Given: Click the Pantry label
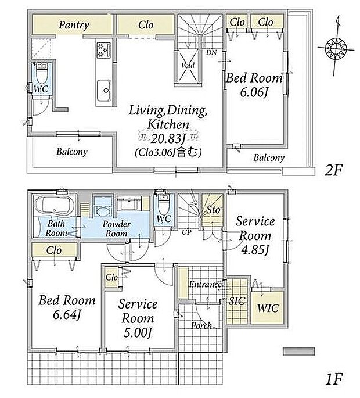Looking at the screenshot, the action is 74,25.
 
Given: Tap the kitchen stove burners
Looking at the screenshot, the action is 103,49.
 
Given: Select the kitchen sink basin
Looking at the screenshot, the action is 104,91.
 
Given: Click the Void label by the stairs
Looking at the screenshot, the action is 188,65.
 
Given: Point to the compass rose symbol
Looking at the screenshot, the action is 336,48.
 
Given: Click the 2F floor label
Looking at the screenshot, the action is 333,170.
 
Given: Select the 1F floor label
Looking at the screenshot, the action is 333,379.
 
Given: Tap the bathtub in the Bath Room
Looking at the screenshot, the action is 54,206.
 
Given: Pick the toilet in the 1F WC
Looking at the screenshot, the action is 164,205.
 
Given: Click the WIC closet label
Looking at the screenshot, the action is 268,309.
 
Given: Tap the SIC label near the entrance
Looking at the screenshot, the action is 237,301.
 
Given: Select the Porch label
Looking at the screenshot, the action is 201,325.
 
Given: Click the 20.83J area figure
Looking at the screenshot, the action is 168,139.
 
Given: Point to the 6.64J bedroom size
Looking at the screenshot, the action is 67,315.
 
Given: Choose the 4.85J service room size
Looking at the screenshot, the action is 255,250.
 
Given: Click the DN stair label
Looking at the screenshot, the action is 211,52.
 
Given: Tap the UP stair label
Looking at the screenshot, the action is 186,232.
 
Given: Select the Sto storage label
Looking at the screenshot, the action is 213,210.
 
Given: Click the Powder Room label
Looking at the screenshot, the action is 117,229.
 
